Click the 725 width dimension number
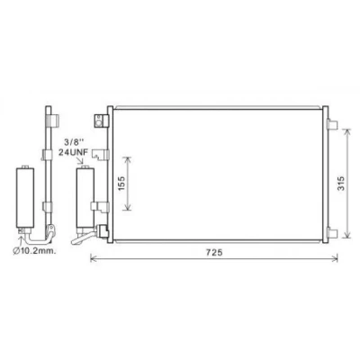(214, 252)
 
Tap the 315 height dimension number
(341, 184)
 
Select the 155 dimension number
(121, 184)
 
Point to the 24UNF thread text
(73, 153)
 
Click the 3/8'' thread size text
(73, 142)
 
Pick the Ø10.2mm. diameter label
(34, 250)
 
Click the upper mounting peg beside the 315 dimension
(333, 124)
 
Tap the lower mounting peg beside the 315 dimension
(333, 233)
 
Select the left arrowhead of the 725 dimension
(93, 257)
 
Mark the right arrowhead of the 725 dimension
(335, 257)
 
